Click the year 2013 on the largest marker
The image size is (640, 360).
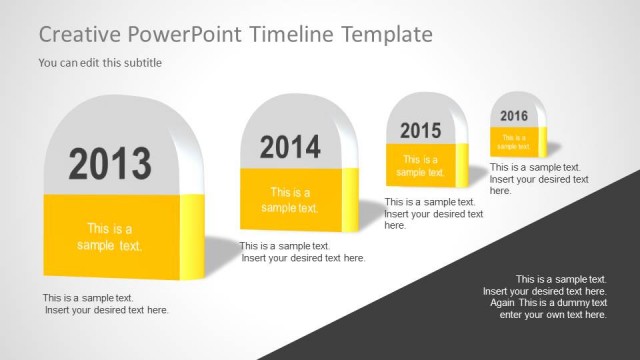[x=110, y=163]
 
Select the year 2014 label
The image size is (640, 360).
[x=290, y=148]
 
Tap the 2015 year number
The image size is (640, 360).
[x=420, y=131]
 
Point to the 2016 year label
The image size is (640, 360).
[x=514, y=116]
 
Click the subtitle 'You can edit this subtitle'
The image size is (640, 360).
[x=100, y=63]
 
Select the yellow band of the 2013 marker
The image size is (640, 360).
[x=110, y=237]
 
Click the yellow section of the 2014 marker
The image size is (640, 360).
[x=290, y=200]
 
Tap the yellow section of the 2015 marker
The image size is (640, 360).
[x=420, y=165]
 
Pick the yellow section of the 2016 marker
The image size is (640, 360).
[x=514, y=141]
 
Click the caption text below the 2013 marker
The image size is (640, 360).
[x=105, y=304]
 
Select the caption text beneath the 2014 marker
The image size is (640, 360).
[x=302, y=252]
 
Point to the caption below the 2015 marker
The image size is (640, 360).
[x=434, y=213]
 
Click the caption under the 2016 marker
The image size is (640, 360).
[x=539, y=179]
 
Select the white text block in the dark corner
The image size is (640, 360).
[x=545, y=296]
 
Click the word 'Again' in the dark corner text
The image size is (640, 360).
[x=503, y=303]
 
